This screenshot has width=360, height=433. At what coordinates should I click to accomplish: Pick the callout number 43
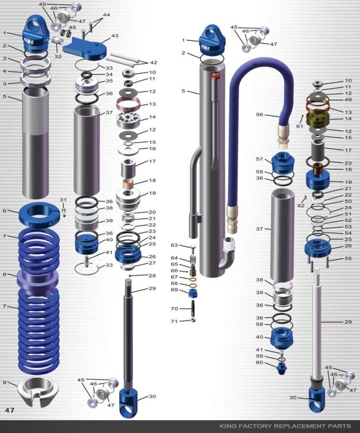tap(115, 36)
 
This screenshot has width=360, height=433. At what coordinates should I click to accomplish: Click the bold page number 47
tap(10, 410)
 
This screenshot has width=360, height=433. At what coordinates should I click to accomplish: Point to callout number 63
tap(174, 245)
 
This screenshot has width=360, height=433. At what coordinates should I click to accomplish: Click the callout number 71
tap(174, 322)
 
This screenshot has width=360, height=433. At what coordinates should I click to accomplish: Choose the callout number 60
tap(260, 363)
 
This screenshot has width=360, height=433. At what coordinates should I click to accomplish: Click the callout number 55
tap(349, 259)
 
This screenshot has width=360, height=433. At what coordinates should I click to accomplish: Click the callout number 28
tap(152, 276)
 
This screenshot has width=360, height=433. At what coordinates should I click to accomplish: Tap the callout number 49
tap(348, 99)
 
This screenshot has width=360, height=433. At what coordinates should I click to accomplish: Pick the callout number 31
tap(63, 199)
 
